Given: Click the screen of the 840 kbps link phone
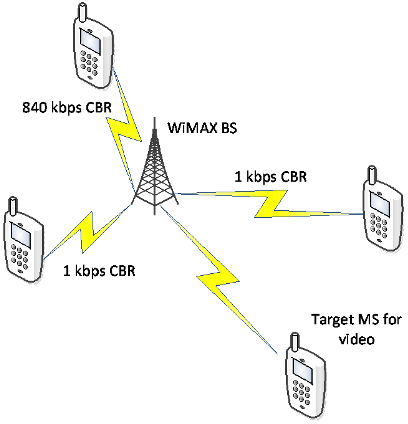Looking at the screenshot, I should coord(90,40).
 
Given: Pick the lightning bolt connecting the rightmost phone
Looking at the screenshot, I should coord(271,203).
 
